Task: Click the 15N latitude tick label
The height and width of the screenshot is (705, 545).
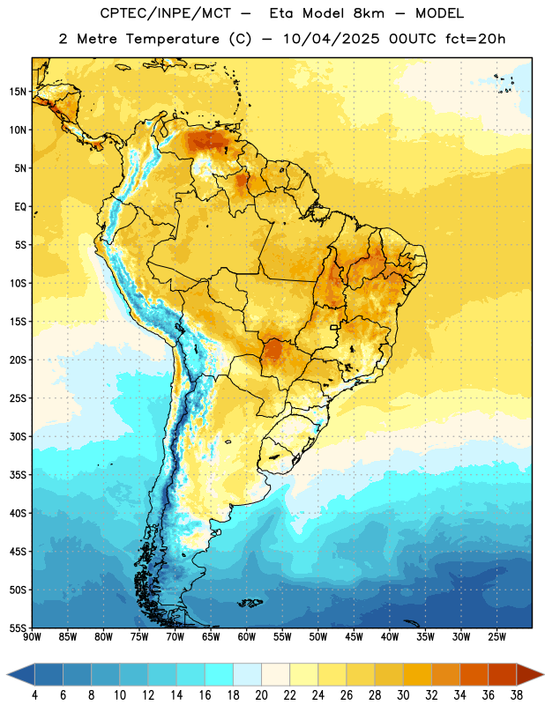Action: point(18,92)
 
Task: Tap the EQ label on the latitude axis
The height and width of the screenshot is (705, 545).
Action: point(20,207)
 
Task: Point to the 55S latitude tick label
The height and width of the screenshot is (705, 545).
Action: point(18,627)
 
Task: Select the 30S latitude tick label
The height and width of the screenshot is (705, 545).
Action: point(18,436)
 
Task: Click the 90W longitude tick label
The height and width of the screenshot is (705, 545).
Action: point(32,636)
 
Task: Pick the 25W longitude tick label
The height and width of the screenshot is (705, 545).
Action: point(496,636)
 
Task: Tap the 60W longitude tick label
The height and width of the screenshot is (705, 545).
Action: point(247,636)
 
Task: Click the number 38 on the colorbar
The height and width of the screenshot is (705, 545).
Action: point(517,695)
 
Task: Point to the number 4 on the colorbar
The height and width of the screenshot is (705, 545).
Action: point(34,695)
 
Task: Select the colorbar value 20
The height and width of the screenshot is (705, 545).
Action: point(261,695)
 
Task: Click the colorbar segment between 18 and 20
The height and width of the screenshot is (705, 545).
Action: point(247,674)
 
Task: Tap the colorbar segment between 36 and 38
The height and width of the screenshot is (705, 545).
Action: point(503,674)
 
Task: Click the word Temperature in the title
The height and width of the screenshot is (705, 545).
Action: point(172,39)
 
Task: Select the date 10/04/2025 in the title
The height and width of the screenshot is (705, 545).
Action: point(332,39)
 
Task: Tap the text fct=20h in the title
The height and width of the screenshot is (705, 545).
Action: point(475,39)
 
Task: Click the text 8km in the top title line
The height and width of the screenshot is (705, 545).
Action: point(369,13)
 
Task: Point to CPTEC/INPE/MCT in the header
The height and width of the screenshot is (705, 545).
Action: point(166,13)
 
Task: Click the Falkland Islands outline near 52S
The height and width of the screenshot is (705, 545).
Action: point(250,602)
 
